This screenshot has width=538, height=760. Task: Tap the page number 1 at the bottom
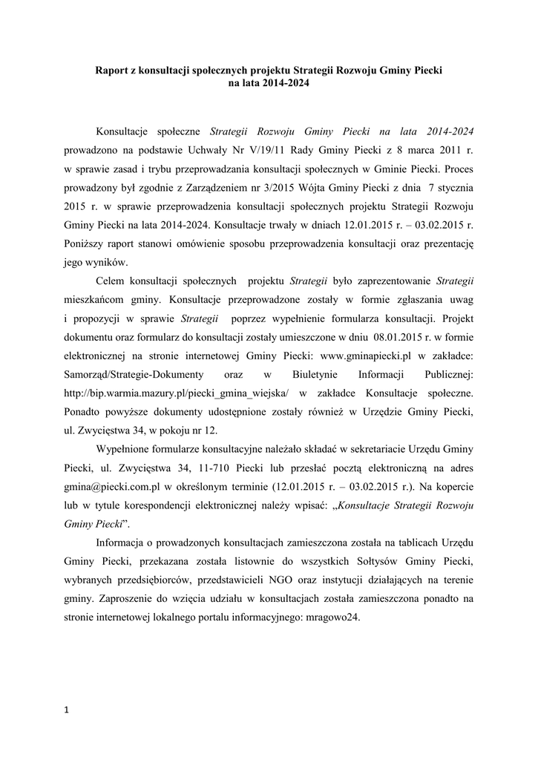click(x=67, y=711)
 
